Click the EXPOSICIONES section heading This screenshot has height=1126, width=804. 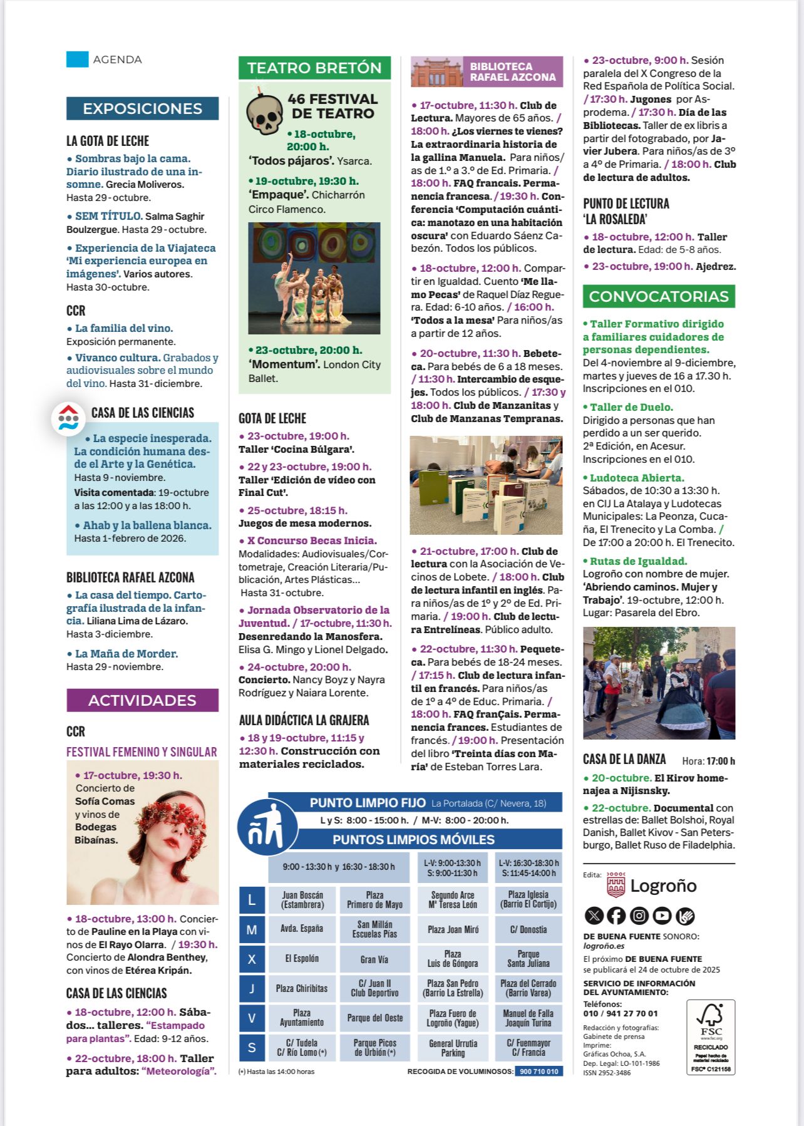click(142, 108)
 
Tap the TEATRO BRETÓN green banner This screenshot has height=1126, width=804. click(314, 68)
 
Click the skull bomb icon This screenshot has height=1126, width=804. click(264, 114)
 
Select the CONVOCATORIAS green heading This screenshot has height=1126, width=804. click(659, 296)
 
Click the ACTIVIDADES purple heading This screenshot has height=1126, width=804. click(142, 700)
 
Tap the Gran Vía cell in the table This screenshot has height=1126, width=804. click(374, 959)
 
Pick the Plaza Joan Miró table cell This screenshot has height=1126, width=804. click(453, 929)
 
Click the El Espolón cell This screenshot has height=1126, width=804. click(302, 959)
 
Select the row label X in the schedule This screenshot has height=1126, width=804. click(252, 959)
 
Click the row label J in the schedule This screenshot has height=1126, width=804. click(252, 988)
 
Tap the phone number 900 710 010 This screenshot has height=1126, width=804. click(539, 1072)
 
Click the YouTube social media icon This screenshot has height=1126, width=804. click(662, 916)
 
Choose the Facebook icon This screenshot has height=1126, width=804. click(616, 916)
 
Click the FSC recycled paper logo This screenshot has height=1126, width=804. click(711, 1036)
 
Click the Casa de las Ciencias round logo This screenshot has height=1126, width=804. click(68, 418)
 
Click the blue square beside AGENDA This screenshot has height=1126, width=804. click(78, 59)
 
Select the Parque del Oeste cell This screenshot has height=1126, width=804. click(374, 1018)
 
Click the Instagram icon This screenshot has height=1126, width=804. click(639, 916)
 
